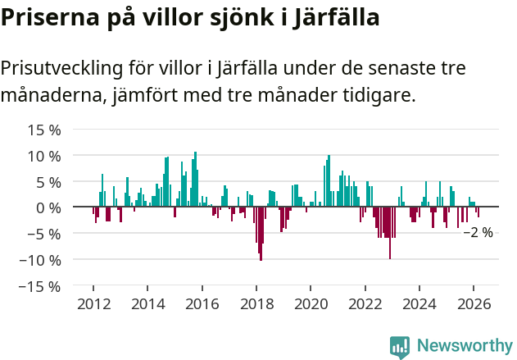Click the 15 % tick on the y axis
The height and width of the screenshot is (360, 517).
(44, 130)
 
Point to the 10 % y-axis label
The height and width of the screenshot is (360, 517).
(44, 156)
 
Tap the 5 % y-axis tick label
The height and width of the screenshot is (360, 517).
(48, 182)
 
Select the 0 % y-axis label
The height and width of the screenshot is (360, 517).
(48, 207)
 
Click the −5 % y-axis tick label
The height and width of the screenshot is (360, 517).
(44, 234)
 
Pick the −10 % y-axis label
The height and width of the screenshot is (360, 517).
(40, 260)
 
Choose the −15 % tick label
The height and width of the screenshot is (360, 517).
(40, 286)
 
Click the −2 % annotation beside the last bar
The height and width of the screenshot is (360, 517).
(478, 233)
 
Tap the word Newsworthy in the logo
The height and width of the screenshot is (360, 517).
(464, 345)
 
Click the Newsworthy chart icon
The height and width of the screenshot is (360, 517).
(400, 346)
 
